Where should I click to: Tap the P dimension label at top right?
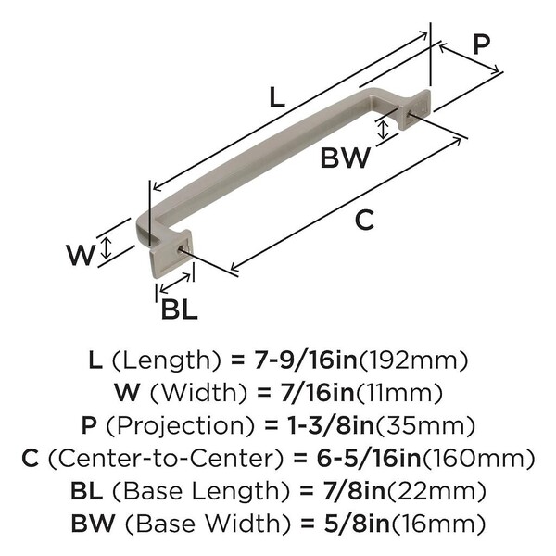click(481, 44)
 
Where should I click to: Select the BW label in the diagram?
click(346, 158)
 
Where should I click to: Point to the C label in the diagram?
click(365, 220)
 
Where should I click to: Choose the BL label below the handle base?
click(179, 310)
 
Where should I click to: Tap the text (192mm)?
click(420, 358)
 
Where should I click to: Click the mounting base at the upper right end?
click(416, 109)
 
